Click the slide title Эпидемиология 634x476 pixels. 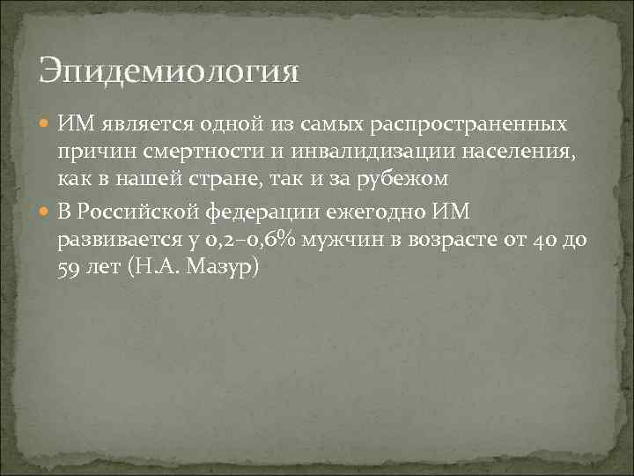[169, 71]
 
